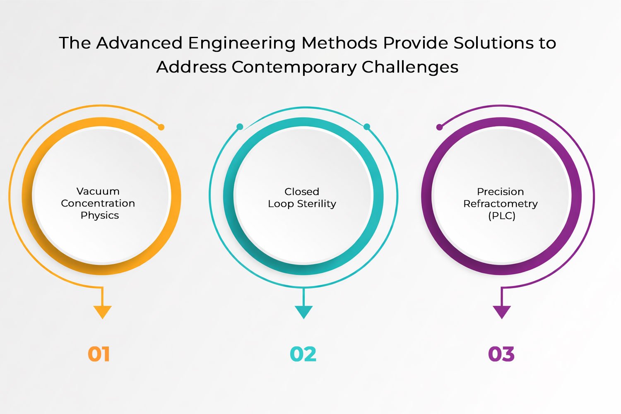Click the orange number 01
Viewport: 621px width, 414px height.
pyautogui.click(x=99, y=354)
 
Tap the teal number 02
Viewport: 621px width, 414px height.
pyautogui.click(x=303, y=354)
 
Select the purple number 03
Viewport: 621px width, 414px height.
pyautogui.click(x=501, y=354)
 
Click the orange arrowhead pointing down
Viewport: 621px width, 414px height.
pyautogui.click(x=102, y=311)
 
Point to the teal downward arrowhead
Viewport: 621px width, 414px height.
pyautogui.click(x=303, y=311)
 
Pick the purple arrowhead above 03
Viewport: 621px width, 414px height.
pyautogui.click(x=502, y=311)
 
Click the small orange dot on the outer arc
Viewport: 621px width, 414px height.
pyautogui.click(x=161, y=127)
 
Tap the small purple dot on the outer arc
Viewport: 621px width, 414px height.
pyautogui.click(x=439, y=127)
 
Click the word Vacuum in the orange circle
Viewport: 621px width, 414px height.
pyautogui.click(x=98, y=191)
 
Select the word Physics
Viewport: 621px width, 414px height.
pyautogui.click(x=100, y=215)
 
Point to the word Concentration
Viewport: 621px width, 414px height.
pyautogui.click(x=98, y=203)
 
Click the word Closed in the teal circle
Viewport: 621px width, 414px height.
pyautogui.click(x=302, y=192)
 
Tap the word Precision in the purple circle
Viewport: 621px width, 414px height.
pyautogui.click(x=500, y=192)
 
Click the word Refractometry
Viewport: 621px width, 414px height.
pyautogui.click(x=500, y=204)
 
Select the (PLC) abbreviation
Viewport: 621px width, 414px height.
pyautogui.click(x=501, y=216)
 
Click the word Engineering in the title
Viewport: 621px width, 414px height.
pyautogui.click(x=242, y=43)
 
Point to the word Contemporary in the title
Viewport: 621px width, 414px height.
pyautogui.click(x=294, y=67)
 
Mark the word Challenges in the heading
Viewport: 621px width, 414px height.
pyautogui.click(x=410, y=67)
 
